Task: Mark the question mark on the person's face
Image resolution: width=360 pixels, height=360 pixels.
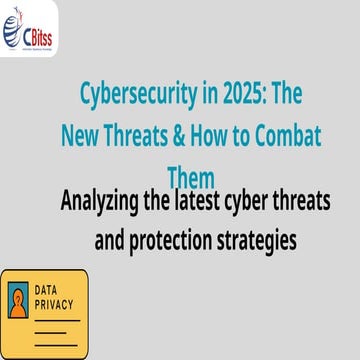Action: [x=19, y=297]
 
